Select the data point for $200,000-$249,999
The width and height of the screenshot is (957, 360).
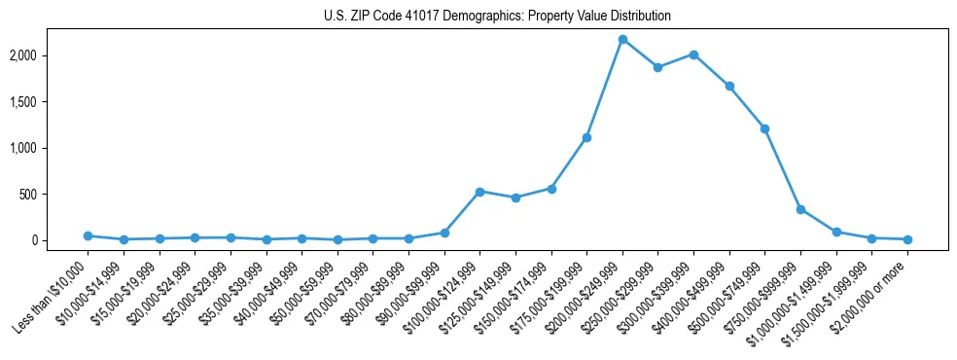(x=622, y=39)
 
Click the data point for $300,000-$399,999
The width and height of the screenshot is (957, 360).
(x=693, y=54)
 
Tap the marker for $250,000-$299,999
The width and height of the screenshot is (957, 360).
(x=658, y=67)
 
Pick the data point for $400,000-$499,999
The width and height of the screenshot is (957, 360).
(x=729, y=86)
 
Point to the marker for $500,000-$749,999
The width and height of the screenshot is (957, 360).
(x=765, y=128)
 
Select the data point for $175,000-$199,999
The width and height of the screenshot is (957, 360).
(x=586, y=137)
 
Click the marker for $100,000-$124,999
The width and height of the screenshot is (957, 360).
(x=479, y=192)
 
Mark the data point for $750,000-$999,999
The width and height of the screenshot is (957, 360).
(x=800, y=209)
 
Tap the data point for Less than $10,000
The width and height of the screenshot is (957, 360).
(x=88, y=235)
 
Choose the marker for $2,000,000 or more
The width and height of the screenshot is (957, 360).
(x=907, y=239)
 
